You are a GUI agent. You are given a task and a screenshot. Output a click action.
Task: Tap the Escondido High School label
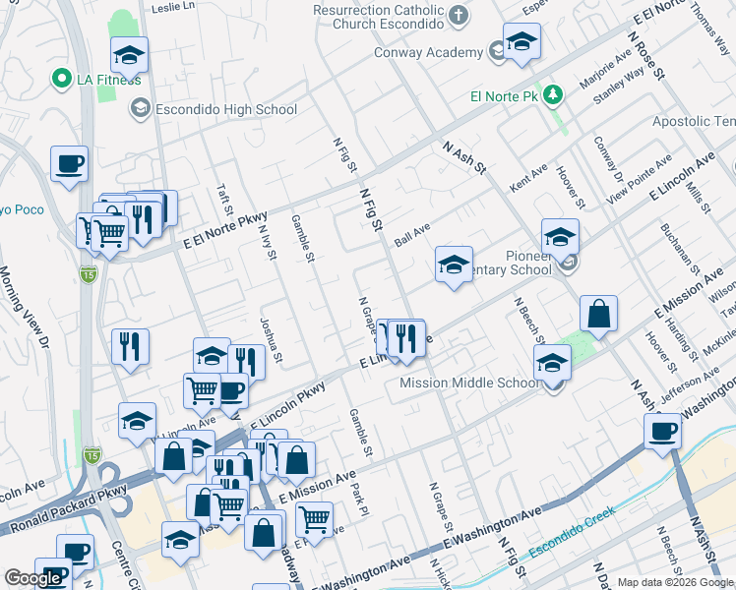click(x=224, y=109)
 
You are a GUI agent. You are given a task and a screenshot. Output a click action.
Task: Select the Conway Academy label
click(x=428, y=53)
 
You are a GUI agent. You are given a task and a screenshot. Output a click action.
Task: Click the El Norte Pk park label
click(x=505, y=97)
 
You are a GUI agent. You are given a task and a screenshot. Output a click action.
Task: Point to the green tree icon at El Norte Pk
click(x=554, y=95)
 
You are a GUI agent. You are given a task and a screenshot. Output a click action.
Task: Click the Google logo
click(x=33, y=578)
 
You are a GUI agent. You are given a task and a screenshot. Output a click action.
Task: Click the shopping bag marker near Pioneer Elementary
click(x=598, y=315)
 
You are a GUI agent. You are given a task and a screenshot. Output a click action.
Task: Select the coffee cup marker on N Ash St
click(x=663, y=431)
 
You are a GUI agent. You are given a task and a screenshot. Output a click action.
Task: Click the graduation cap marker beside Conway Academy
click(x=522, y=42)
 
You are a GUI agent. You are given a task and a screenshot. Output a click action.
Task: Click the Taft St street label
click(x=225, y=196)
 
